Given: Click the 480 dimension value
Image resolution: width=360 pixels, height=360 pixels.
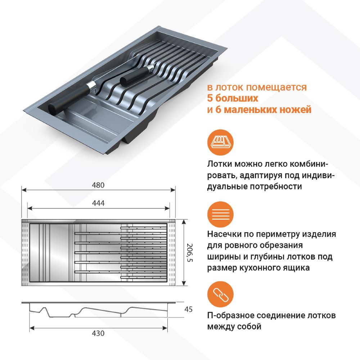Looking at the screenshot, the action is click(98, 185).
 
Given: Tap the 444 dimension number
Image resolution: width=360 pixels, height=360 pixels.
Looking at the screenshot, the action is click(98, 203).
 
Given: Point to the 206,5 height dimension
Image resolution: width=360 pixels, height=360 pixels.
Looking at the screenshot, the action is click(190, 253).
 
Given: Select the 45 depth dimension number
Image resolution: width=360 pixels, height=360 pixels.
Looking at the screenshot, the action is click(188, 309).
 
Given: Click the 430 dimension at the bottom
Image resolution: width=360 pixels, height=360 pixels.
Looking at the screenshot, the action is click(98, 333).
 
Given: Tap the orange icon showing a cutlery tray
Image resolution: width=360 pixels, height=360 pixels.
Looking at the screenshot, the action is click(220, 142).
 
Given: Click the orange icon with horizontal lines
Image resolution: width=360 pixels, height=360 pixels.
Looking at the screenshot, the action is click(220, 215).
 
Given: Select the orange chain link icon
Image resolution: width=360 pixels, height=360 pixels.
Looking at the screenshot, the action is click(220, 294).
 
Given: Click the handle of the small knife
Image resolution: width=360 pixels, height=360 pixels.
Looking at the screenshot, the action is click(134, 76).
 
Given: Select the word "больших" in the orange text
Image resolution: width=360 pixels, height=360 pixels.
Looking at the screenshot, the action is click(237, 98).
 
